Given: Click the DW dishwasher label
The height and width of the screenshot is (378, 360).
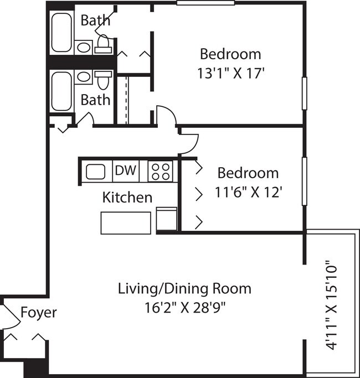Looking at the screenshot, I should (126, 170).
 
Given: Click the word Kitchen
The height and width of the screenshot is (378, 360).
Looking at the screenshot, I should (127, 197).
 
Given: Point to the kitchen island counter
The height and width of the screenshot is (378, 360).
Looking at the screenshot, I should (126, 222).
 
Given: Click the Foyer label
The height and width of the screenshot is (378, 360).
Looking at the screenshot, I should (38, 313).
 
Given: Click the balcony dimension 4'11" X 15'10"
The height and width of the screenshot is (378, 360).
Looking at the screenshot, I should (332, 305).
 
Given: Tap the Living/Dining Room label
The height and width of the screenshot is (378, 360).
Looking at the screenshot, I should (184, 288).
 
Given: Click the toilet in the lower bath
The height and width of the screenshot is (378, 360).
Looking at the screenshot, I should (103, 80).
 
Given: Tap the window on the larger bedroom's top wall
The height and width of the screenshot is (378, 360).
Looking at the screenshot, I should (205, 3).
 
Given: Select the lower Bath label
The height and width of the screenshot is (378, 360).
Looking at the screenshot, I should (95, 100).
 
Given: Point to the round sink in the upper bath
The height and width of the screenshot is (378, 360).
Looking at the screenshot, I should (84, 48).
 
